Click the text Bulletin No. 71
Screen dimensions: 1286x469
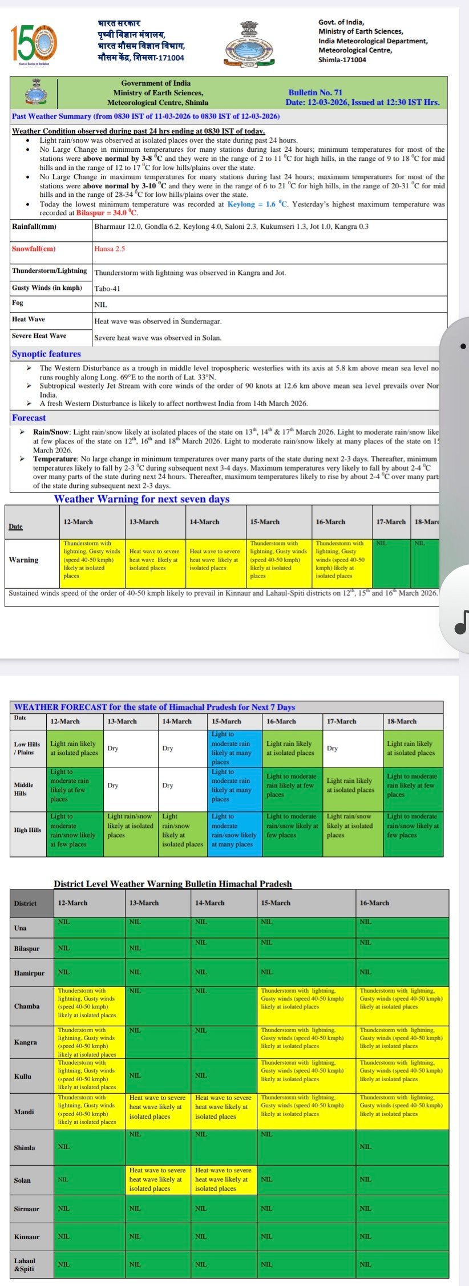[x=315, y=92]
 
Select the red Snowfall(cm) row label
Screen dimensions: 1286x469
[x=34, y=249]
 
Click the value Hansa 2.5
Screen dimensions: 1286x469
[x=110, y=249]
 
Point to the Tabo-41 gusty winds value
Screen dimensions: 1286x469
[x=107, y=289]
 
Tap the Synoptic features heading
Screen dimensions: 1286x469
[x=46, y=354]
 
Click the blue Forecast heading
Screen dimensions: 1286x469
[x=29, y=418]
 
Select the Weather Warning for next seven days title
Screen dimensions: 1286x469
[x=141, y=499]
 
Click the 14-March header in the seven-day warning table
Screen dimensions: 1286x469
[x=204, y=522]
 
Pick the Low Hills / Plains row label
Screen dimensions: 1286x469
[x=27, y=748]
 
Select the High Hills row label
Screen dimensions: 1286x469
[x=27, y=830]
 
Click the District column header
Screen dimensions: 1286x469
[x=25, y=903]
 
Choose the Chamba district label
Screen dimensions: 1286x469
[x=27, y=1006]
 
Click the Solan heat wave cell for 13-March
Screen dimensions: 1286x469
[x=157, y=1179]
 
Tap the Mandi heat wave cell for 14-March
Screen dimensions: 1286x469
[x=223, y=1106]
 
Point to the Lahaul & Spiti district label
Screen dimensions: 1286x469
[x=25, y=1264]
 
